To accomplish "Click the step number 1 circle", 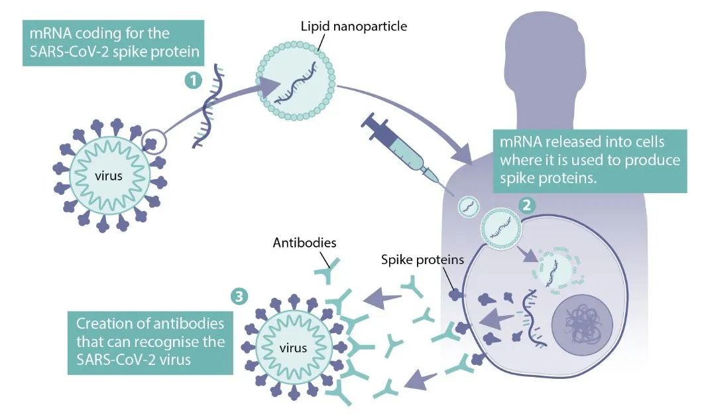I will pyautogui.click(x=192, y=81).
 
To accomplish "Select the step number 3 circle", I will pyautogui.click(x=237, y=296).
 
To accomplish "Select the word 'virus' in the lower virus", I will pyautogui.click(x=292, y=347).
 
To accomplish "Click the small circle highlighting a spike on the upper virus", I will pyautogui.click(x=154, y=140).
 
